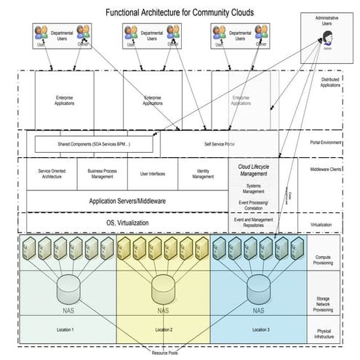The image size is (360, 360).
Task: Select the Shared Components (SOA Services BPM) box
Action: point(95,144)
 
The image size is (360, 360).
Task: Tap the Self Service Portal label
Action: point(219,144)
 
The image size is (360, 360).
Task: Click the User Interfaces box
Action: point(153,174)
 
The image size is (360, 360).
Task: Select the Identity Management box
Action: point(203,174)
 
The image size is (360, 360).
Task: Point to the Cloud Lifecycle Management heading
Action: point(254,170)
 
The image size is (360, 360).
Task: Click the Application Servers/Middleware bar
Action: point(127,200)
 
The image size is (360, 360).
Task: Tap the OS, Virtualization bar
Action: point(127,222)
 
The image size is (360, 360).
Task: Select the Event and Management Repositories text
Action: point(254,223)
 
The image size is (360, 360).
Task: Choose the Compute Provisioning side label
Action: point(323,260)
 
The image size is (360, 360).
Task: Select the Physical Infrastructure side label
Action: point(323,332)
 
